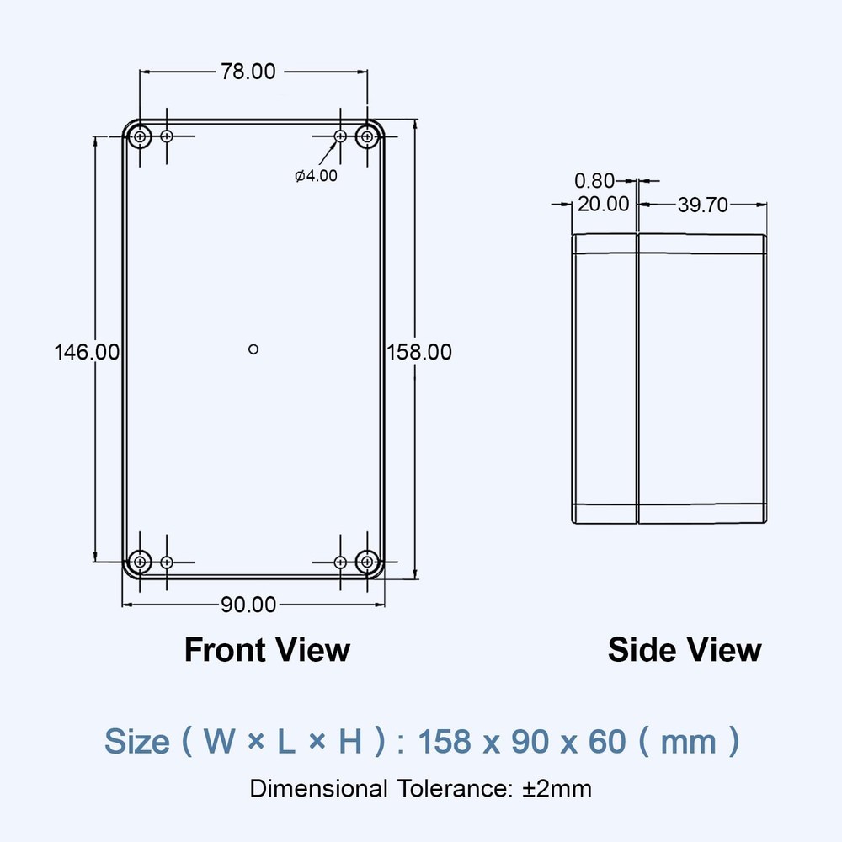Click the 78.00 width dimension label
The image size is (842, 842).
(248, 72)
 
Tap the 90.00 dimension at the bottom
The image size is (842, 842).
(248, 604)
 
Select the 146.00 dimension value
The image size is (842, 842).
(87, 352)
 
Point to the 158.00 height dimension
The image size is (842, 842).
(419, 352)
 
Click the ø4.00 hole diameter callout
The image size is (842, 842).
(316, 176)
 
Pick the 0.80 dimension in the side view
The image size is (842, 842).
(594, 180)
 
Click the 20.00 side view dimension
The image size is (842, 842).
(601, 204)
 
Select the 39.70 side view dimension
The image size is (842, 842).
(702, 205)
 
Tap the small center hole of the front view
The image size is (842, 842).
(253, 349)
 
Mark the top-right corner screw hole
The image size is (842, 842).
(366, 136)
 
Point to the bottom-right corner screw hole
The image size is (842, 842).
(366, 561)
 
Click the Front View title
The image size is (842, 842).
(266, 650)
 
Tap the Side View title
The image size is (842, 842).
(684, 650)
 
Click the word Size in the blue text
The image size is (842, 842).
(136, 742)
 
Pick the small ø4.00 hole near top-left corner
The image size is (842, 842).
(167, 136)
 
